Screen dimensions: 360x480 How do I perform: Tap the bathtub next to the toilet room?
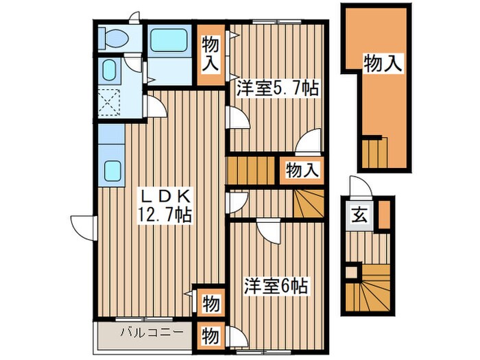pyautogui.click(x=169, y=40)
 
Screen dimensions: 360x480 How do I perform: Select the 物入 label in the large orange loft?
pyautogui.click(x=383, y=64)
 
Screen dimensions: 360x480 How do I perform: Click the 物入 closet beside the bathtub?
pyautogui.click(x=211, y=54)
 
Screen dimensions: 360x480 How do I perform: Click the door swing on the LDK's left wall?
pyautogui.click(x=82, y=226)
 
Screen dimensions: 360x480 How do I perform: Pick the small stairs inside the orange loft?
pyautogui.click(x=374, y=151)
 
